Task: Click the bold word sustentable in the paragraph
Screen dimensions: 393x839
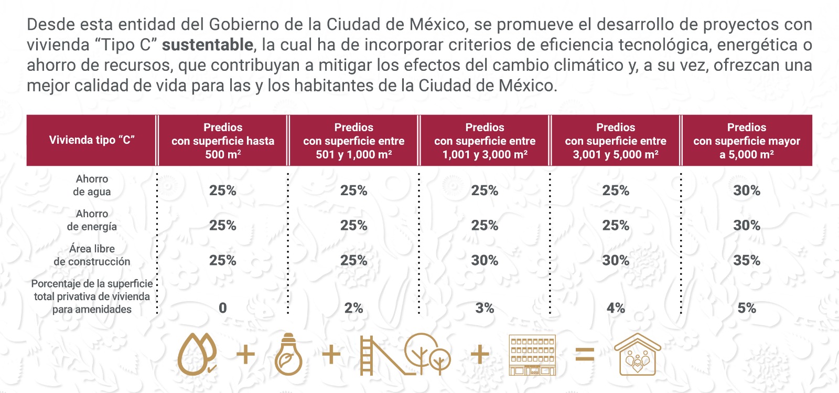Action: coord(207,45)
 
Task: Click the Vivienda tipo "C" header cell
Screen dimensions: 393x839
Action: coord(92,140)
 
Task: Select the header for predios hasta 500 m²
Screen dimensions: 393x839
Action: coord(223,141)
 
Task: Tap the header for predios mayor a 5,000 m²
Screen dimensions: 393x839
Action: coord(747,141)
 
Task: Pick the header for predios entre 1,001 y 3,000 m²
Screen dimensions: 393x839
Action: coord(485,141)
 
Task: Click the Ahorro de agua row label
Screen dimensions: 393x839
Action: coord(92,185)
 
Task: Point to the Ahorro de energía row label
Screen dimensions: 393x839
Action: coord(92,220)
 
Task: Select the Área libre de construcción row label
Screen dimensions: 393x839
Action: coord(92,255)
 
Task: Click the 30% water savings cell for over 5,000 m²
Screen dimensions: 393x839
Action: coord(747,190)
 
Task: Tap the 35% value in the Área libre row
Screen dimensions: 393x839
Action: coord(747,260)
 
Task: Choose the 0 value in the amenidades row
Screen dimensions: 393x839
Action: coord(223,308)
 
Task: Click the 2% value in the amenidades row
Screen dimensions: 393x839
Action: coord(353,308)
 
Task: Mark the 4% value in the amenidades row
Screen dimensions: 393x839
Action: coord(616,308)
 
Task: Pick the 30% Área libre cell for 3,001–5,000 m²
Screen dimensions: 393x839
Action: coord(616,260)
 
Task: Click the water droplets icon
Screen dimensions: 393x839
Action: coord(197,355)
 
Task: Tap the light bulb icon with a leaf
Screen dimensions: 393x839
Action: coord(288,355)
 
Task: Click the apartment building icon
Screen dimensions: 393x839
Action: coord(532,356)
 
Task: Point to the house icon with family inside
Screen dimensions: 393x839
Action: coord(637,355)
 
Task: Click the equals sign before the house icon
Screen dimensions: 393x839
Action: coord(585,355)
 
